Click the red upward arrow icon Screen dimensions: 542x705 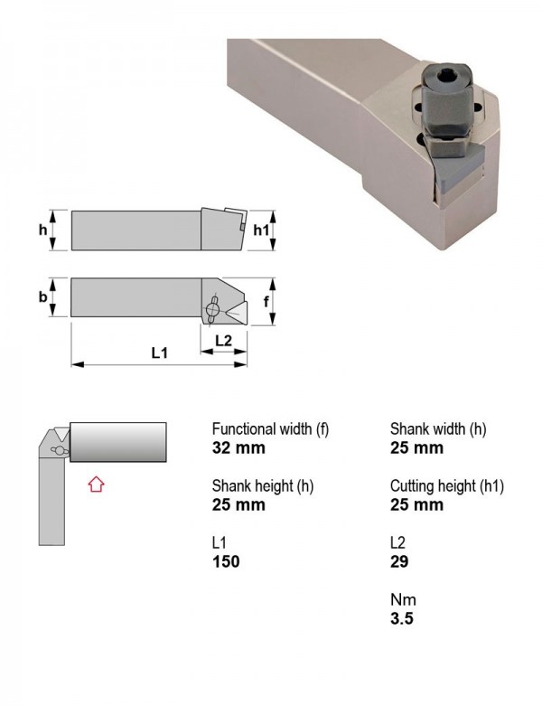click(96, 484)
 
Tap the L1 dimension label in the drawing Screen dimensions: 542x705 click(159, 352)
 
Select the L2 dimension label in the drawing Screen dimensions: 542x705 click(223, 341)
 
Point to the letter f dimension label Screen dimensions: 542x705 click(266, 301)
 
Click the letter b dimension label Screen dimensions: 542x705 click(42, 296)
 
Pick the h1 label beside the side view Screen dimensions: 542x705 click(261, 230)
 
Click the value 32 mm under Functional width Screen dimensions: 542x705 click(238, 447)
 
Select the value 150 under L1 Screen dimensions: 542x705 click(226, 561)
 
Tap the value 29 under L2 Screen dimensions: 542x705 click(399, 561)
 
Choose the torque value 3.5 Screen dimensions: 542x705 click(401, 618)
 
